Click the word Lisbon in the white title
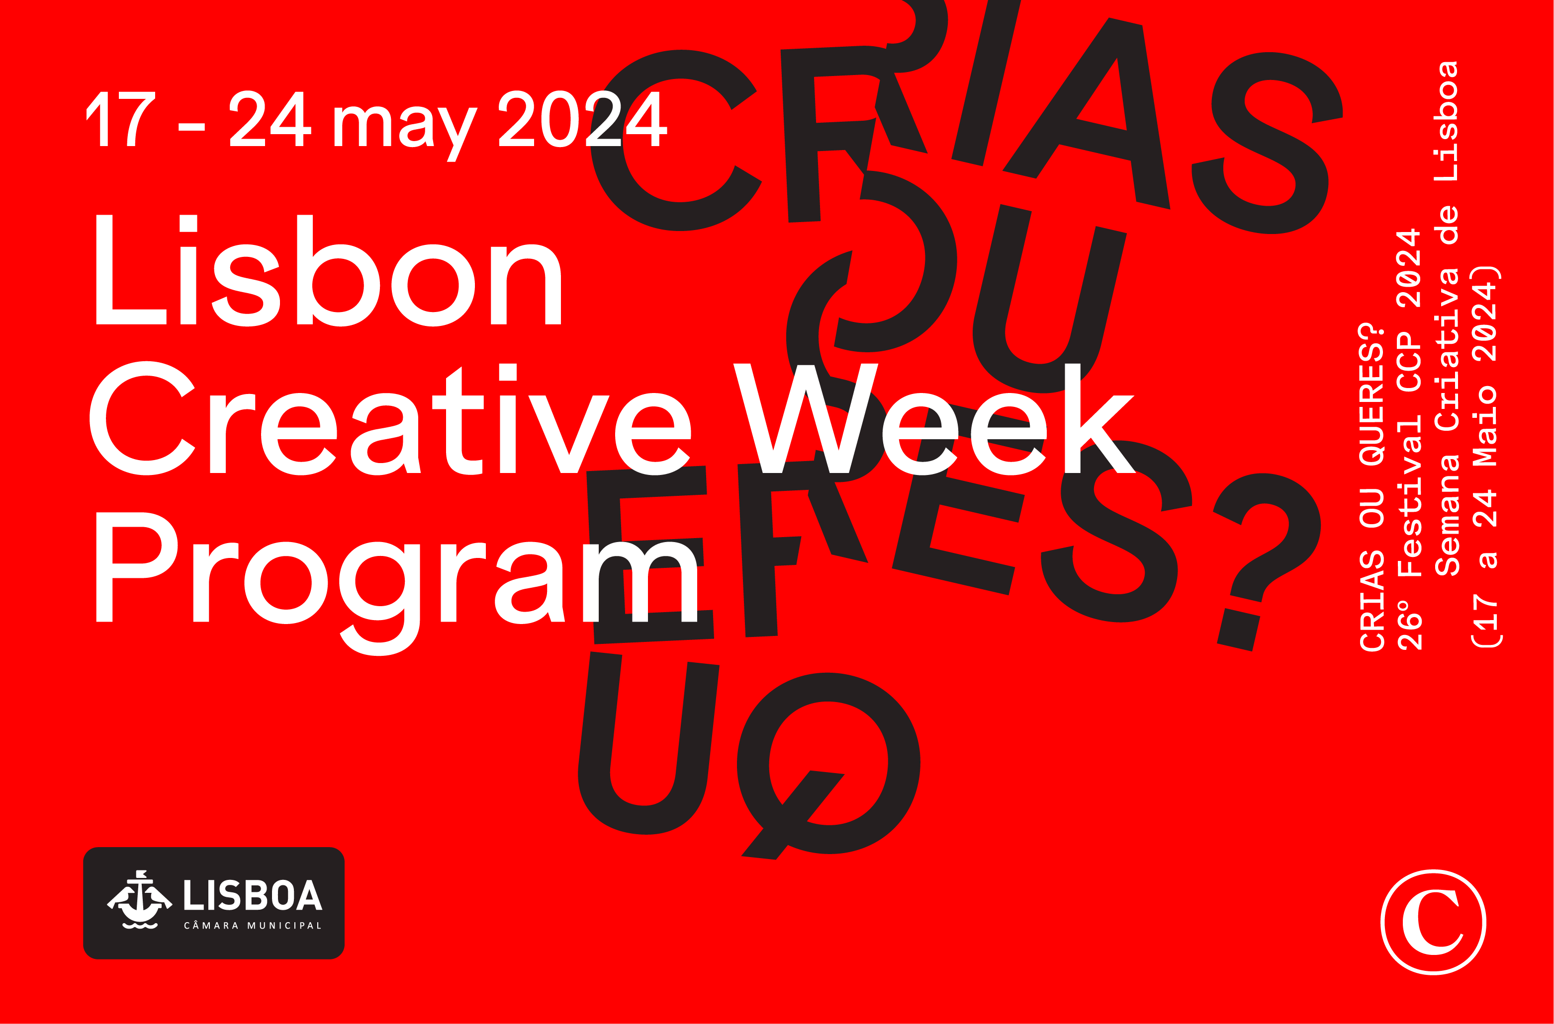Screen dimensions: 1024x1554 point(328,271)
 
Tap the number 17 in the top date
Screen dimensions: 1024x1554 point(121,119)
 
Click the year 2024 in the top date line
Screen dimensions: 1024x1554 point(583,119)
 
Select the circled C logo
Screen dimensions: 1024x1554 point(1433,922)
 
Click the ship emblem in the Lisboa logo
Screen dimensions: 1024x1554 point(139,900)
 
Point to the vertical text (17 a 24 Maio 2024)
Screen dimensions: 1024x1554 point(1485,457)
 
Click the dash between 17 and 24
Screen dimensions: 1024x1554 point(191,127)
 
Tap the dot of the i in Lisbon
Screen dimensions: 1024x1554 point(188,224)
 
